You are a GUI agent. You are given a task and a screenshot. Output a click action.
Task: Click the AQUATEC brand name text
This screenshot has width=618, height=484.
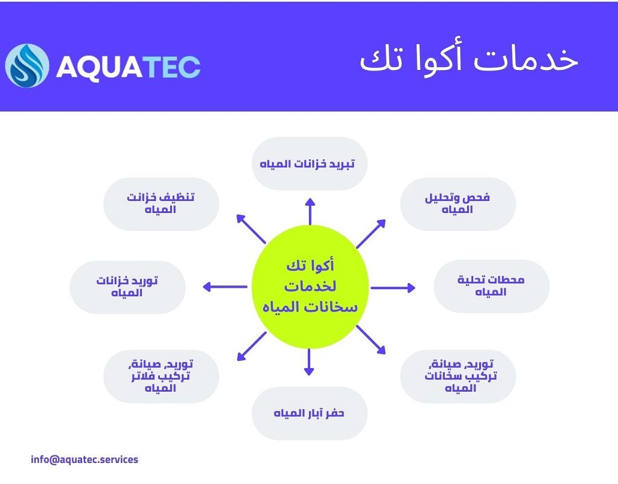coord(128,66)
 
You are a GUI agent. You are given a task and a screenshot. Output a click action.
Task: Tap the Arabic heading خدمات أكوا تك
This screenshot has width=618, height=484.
coord(469,60)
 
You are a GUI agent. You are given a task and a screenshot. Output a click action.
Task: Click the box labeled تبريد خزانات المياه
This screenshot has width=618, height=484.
coord(310,164)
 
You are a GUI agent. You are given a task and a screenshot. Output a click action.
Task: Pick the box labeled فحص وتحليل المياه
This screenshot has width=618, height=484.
coord(457,204)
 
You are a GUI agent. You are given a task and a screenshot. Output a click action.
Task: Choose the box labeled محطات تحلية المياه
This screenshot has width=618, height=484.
coord(491,286)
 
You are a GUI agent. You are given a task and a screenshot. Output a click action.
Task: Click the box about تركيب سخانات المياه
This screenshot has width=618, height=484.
coord(457,376)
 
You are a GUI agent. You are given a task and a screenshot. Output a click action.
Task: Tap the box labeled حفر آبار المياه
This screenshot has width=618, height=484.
coord(310,413)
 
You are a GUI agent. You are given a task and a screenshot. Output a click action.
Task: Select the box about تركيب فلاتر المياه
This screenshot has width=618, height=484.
coord(161,376)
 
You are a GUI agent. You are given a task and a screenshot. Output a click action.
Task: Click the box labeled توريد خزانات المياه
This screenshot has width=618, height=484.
coord(127,287)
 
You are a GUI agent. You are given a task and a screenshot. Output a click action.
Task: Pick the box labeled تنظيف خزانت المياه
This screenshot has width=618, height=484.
coord(161,204)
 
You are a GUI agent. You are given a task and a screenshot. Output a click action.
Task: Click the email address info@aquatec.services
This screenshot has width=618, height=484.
coord(84,459)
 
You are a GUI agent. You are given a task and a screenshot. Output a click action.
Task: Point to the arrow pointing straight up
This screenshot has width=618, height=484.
coord(310,211)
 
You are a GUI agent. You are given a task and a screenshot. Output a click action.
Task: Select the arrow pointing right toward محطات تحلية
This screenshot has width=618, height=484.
coord(393,288)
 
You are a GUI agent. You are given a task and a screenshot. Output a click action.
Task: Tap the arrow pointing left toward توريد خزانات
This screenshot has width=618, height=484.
coord(225,287)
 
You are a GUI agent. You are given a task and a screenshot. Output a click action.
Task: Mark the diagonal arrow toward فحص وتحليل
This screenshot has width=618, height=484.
coord(371,234)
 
